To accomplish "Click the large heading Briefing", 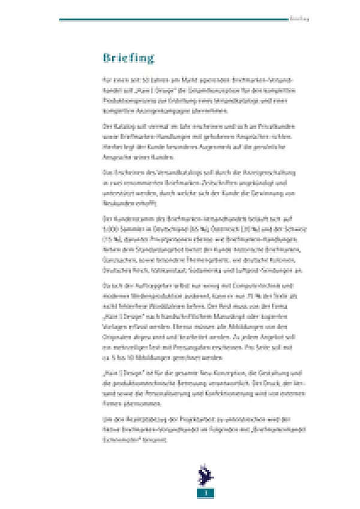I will (128, 58).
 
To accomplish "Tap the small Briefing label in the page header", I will (299, 19).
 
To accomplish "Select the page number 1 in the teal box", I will (205, 493).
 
